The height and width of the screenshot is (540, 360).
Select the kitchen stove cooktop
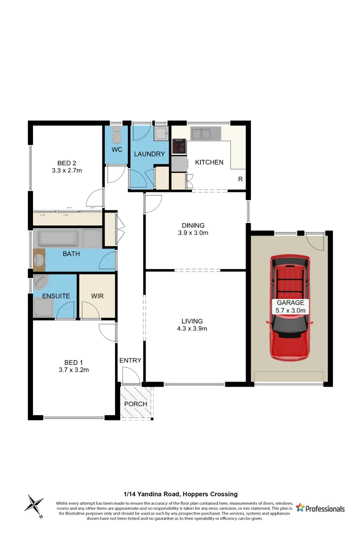178,146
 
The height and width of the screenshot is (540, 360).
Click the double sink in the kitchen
206,133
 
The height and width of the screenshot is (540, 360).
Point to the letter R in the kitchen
240,179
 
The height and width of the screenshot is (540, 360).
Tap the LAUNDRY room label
149,154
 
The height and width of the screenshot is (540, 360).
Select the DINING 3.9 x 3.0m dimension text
193,233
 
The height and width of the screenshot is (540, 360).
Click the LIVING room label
192,321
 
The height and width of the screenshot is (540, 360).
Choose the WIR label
97,296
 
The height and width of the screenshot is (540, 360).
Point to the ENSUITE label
56,296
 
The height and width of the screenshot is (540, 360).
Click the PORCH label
135,404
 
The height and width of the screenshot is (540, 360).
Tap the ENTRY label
130,360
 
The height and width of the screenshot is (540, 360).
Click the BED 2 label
66,163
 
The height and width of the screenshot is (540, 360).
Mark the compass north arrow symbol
34,504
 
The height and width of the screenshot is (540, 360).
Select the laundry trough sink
160,134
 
